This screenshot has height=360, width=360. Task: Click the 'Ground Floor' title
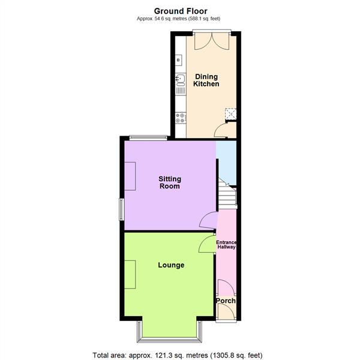[180, 10]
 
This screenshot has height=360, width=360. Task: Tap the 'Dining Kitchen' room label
[206, 80]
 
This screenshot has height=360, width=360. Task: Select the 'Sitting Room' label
[170, 182]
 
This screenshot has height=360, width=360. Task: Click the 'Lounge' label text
[171, 265]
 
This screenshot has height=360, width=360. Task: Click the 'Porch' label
[226, 301]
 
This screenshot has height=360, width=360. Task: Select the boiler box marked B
[178, 60]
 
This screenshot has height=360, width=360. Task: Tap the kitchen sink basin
[178, 78]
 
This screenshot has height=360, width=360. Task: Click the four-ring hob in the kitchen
[178, 118]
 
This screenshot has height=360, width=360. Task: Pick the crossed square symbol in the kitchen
[230, 113]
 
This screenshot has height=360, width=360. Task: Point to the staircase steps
[226, 196]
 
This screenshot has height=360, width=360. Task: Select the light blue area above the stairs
[226, 162]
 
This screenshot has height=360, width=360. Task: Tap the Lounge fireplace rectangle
[130, 275]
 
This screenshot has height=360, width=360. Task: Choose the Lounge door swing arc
[207, 244]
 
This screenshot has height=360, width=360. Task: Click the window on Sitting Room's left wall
[121, 209]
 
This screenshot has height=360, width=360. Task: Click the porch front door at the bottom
[226, 313]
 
